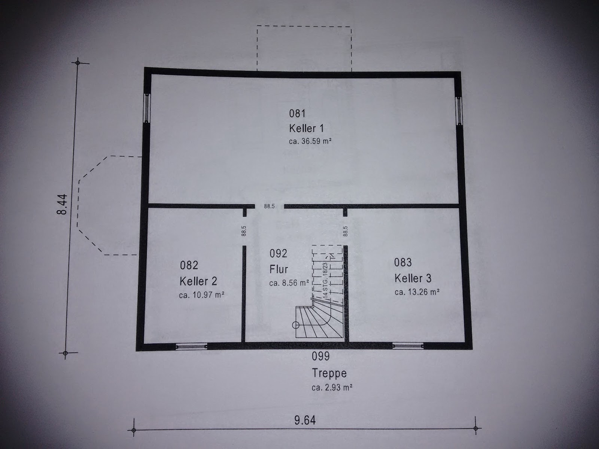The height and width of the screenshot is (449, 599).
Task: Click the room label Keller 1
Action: pos(306,128)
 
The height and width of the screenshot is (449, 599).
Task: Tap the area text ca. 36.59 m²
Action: pos(310,141)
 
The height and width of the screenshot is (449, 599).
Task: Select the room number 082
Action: pos(189,265)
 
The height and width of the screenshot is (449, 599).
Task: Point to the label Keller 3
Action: pos(413,278)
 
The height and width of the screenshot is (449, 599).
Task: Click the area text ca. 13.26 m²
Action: pos(417,292)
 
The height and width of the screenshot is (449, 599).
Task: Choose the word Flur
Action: pos(279,269)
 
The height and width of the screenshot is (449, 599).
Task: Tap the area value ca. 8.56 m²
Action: pos(289,283)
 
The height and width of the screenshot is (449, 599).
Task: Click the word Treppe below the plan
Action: pos(329,373)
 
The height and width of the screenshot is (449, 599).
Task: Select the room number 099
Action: pos(320,356)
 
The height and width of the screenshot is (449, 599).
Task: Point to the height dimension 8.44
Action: pos(63,204)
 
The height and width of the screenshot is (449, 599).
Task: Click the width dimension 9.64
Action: pos(305,420)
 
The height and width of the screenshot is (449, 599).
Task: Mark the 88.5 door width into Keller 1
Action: pos(269,207)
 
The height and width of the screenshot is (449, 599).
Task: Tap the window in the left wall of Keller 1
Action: pos(146,108)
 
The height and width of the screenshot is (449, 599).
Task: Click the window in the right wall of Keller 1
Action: pos(459,110)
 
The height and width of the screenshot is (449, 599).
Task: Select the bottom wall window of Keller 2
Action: pos(191,346)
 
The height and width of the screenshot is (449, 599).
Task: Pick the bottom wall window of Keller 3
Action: pos(408,346)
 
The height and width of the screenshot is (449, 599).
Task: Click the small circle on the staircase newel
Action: pos(295,325)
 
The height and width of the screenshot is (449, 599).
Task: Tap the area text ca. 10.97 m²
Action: pos(202,295)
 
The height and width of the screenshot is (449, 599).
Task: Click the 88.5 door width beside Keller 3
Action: pos(346,231)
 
